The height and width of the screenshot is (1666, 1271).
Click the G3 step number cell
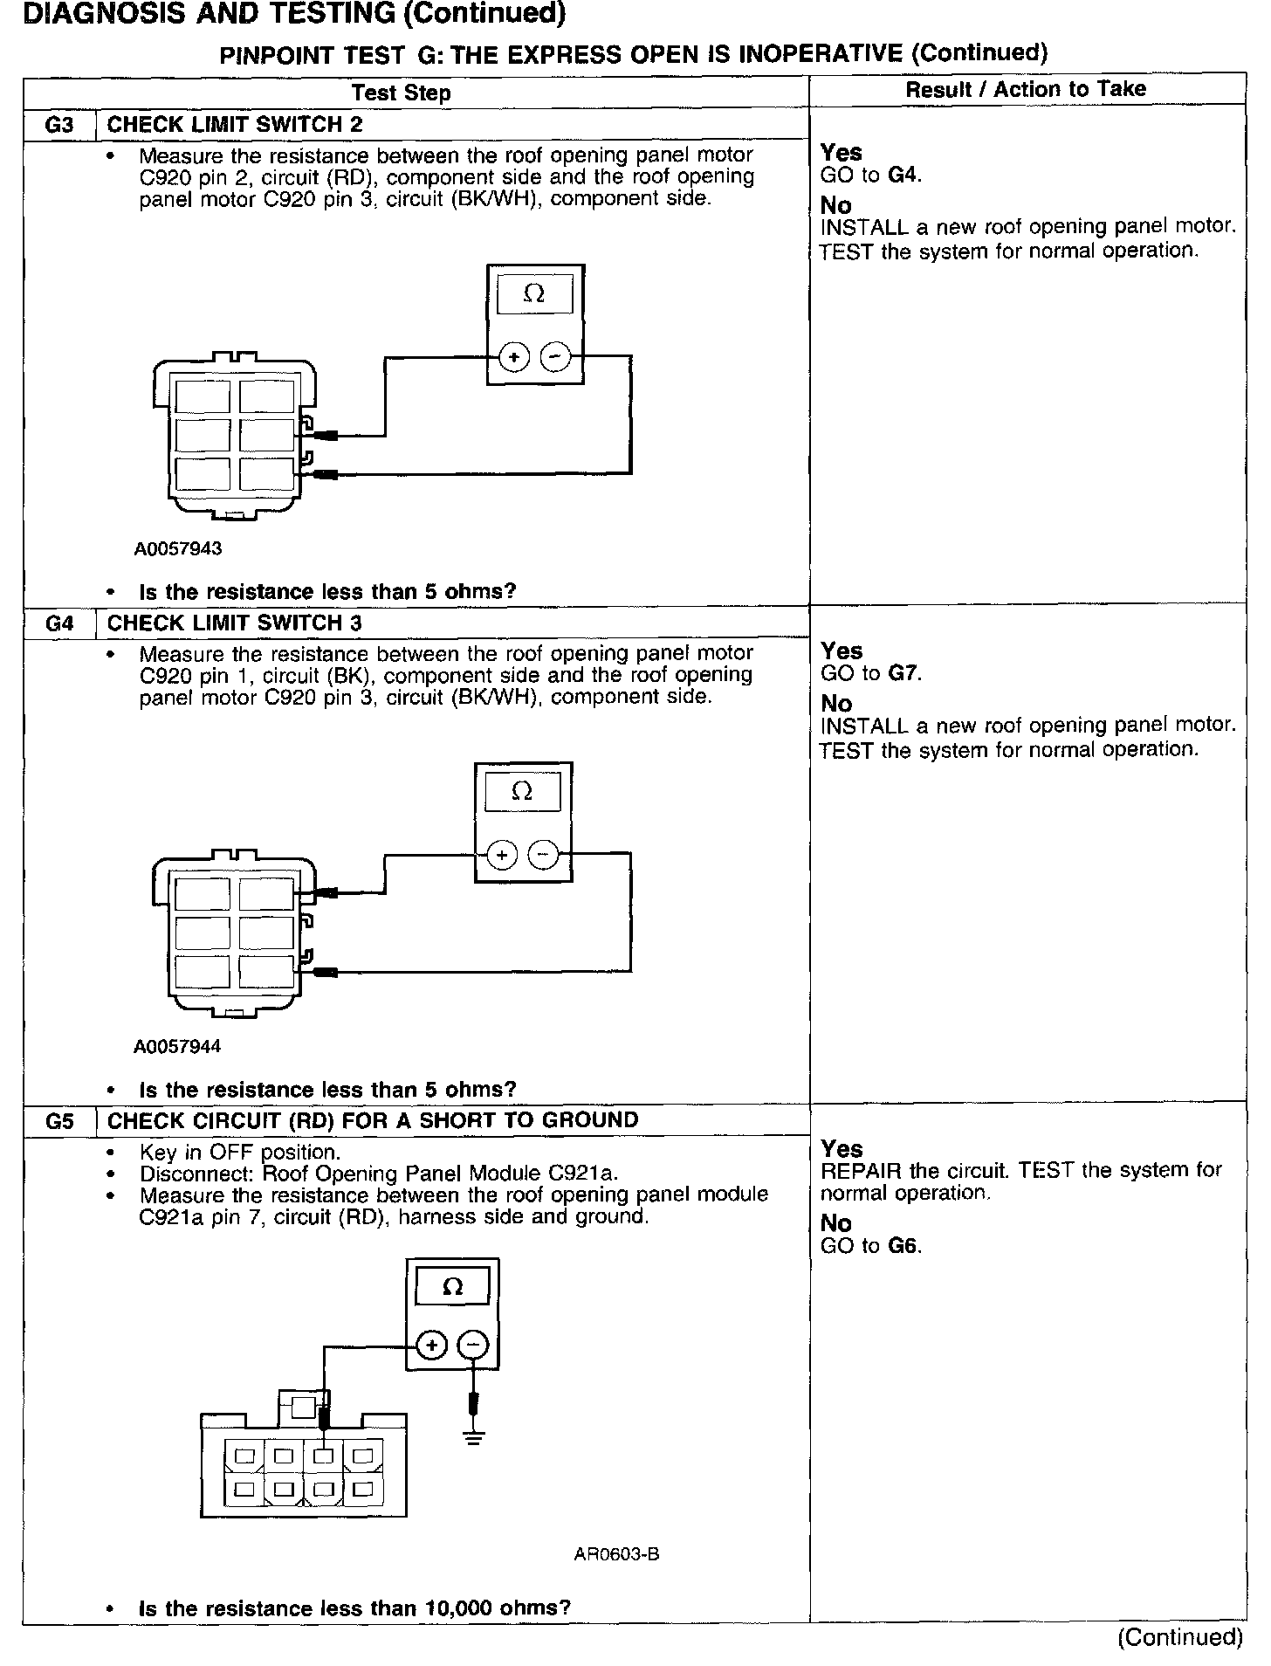(x=58, y=124)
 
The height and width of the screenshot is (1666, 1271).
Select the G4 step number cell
(x=58, y=623)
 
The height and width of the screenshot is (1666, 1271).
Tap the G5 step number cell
(x=58, y=1121)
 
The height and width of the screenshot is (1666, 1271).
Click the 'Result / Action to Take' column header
(x=1026, y=89)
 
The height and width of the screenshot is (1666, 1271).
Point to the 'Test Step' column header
(x=401, y=93)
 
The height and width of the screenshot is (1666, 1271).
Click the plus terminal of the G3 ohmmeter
(x=514, y=357)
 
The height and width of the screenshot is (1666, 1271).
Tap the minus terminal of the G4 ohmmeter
(x=544, y=855)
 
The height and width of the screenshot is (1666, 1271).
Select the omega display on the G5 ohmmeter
(x=452, y=1287)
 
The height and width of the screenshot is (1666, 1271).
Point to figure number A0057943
(x=178, y=548)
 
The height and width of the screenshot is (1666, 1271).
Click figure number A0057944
(x=177, y=1046)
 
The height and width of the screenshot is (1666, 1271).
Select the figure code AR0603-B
(x=616, y=1554)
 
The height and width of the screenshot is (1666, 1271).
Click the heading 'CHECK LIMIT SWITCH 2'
(x=235, y=124)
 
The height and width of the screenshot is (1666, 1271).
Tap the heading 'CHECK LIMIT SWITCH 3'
(x=235, y=623)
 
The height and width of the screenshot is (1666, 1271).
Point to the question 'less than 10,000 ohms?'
(x=354, y=1607)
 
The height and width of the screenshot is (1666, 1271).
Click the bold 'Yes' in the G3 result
(x=841, y=153)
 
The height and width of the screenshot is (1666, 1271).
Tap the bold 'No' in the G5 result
(x=835, y=1223)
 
